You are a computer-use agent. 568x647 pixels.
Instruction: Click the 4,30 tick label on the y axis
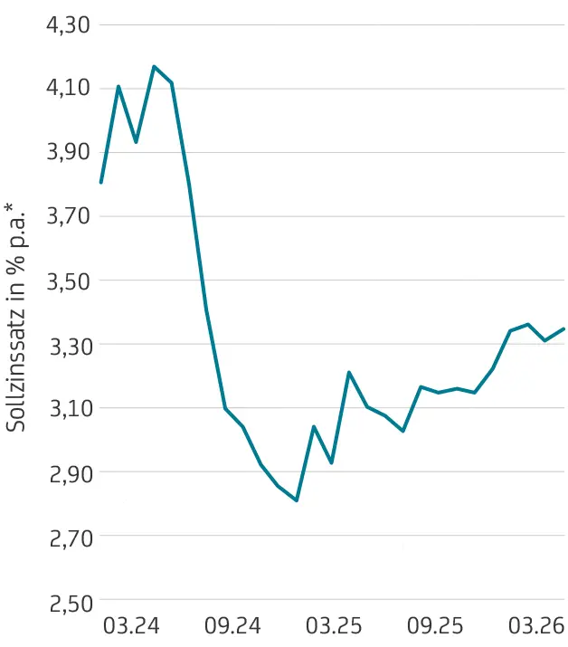[68, 24]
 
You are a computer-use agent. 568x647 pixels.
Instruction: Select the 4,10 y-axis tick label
[68, 89]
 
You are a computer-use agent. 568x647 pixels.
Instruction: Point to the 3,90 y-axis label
[68, 152]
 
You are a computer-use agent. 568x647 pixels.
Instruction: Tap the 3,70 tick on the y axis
[68, 216]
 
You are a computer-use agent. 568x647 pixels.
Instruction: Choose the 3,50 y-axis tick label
[68, 281]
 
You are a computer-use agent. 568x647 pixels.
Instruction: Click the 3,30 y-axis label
[68, 345]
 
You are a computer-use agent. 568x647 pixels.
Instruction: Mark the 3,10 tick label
[68, 408]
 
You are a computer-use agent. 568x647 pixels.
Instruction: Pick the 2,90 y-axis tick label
[68, 472]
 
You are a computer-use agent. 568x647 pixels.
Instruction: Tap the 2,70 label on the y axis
[68, 537]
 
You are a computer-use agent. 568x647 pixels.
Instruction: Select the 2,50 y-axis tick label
[68, 602]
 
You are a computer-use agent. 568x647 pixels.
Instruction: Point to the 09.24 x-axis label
[232, 625]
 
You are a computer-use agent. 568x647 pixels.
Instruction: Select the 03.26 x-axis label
[538, 625]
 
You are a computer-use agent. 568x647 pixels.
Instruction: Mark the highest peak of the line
[154, 66]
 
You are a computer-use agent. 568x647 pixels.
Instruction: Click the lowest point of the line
[296, 500]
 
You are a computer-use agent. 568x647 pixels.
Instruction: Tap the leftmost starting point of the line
[100, 183]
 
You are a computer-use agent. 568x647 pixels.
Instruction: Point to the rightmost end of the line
[563, 328]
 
